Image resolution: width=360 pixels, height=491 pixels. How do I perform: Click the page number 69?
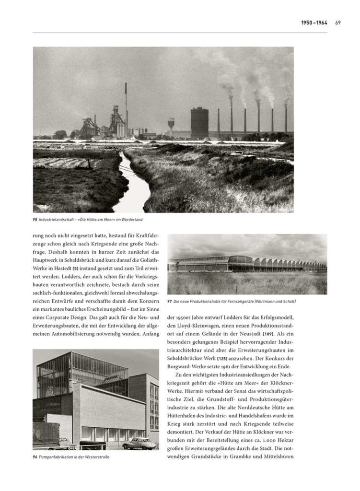point(338,23)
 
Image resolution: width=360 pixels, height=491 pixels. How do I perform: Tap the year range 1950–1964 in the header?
point(314,23)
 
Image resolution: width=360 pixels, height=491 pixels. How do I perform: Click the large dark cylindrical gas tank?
point(199,123)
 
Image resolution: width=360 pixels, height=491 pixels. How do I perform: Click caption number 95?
point(35,220)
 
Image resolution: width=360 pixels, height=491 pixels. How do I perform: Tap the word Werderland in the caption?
point(132,220)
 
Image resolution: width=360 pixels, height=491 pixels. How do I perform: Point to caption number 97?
point(170,301)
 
